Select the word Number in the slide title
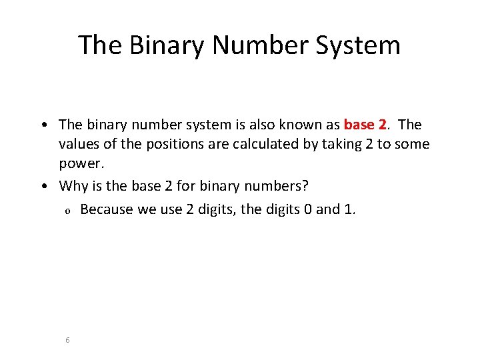[x=251, y=45]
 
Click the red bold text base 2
[x=365, y=125]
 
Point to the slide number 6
[x=68, y=340]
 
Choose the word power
[x=80, y=163]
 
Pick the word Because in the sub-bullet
[x=107, y=210]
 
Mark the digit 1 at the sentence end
[x=351, y=210]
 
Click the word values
[x=77, y=144]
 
